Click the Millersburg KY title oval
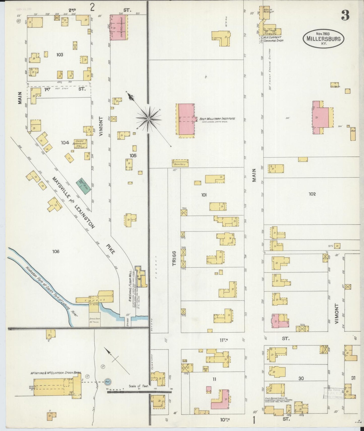[x=323, y=38]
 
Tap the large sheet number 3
[x=345, y=16]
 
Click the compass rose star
[x=149, y=118]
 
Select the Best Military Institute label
[x=217, y=119]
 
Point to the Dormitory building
[x=180, y=164]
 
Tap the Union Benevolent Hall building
[x=80, y=144]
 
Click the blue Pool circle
[x=108, y=381]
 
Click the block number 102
[x=312, y=194]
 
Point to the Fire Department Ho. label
[x=276, y=398]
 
